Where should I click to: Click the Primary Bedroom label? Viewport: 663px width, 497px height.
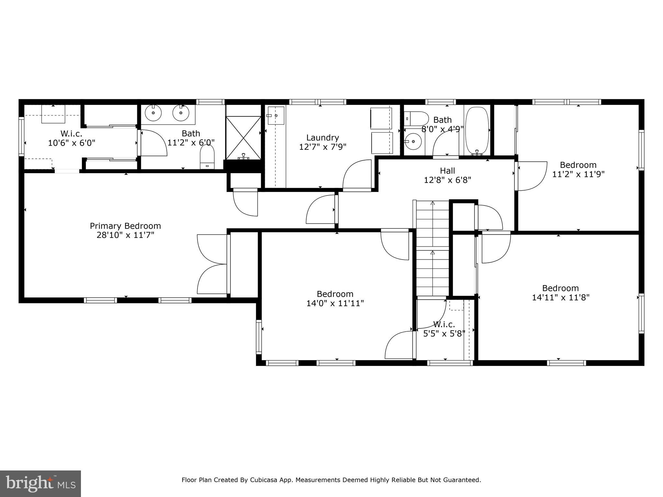125,226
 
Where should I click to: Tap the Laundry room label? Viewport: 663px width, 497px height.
322,138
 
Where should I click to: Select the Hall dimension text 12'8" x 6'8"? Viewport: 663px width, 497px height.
447,180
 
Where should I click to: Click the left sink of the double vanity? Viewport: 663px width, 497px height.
153,113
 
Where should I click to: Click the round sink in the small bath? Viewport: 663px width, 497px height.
413,142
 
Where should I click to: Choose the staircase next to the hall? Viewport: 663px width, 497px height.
433,248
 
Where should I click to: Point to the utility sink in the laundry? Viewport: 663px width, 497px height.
275,116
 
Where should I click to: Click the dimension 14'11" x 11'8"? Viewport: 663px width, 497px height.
560,298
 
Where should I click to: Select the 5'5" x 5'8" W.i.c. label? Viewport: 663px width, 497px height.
444,324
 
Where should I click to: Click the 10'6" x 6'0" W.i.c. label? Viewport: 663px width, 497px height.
71,133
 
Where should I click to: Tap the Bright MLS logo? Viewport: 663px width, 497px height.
40,483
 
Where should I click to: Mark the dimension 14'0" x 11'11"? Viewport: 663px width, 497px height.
335,304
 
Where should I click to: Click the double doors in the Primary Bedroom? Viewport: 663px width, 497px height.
212,264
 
